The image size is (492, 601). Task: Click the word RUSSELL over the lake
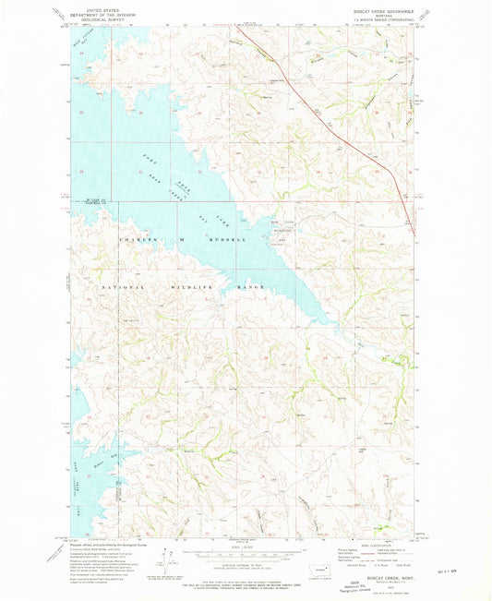pos(226,239)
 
